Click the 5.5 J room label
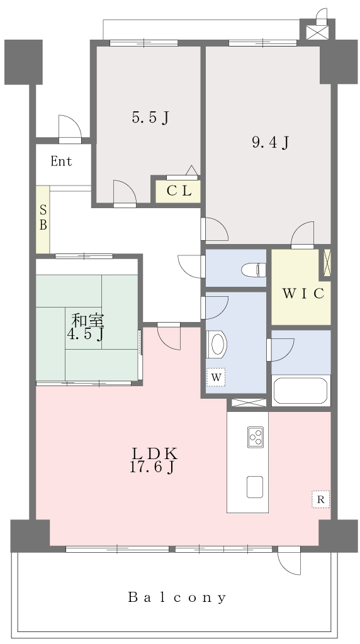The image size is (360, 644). pyautogui.click(x=150, y=118)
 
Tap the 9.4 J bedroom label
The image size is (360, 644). pyautogui.click(x=271, y=143)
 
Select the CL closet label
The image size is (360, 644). pyautogui.click(x=179, y=191)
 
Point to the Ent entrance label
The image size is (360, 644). pyautogui.click(x=61, y=162)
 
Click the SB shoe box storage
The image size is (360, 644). pyautogui.click(x=43, y=219)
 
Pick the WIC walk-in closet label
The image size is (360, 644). pyautogui.click(x=303, y=294)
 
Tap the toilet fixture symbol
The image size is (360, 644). pyautogui.click(x=254, y=270)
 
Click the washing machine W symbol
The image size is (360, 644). pyautogui.click(x=216, y=377)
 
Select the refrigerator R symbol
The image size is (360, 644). pyautogui.click(x=320, y=499)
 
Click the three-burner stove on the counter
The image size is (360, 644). pyautogui.click(x=255, y=437)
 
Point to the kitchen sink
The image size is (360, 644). pyautogui.click(x=255, y=487)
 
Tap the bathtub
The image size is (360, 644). pyautogui.click(x=300, y=390)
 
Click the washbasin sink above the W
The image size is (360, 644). pyautogui.click(x=217, y=344)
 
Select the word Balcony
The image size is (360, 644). pyautogui.click(x=177, y=597)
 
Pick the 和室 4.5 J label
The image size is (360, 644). pyautogui.click(x=86, y=326)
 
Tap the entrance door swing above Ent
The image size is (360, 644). pyautogui.click(x=70, y=128)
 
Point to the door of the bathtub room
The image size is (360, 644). pyautogui.click(x=280, y=350)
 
